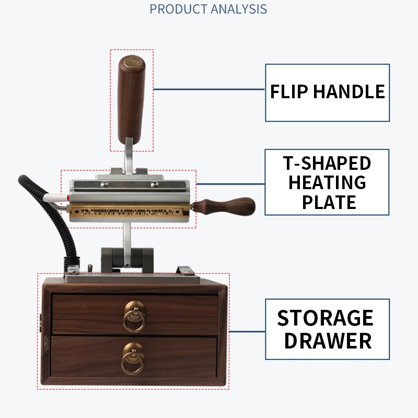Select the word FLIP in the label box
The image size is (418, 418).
[x=289, y=92]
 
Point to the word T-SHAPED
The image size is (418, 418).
[x=327, y=163]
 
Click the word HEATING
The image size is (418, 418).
[x=327, y=182]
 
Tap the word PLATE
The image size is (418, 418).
[x=329, y=202]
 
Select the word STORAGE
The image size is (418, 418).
[x=325, y=318]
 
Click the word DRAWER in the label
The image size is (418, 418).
[x=328, y=341]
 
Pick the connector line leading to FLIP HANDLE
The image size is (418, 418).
[x=209, y=89]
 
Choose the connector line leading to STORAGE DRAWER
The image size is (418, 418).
[x=247, y=331]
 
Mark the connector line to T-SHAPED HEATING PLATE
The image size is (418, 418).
[x=230, y=183]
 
